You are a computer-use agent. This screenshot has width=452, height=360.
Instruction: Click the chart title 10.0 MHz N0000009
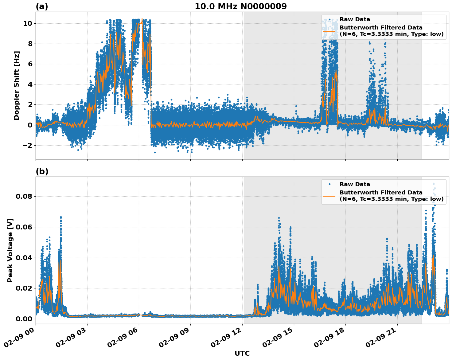click(x=240, y=6)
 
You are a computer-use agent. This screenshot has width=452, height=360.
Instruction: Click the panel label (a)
click(x=42, y=6)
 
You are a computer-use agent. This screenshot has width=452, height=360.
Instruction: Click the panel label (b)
click(x=42, y=171)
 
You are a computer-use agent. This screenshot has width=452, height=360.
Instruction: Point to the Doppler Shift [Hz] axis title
click(x=17, y=85)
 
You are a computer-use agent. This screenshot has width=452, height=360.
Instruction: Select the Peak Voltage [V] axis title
click(x=10, y=250)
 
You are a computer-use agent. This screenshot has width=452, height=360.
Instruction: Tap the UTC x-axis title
click(x=242, y=353)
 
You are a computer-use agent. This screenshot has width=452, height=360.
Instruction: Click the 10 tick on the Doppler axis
click(x=28, y=23)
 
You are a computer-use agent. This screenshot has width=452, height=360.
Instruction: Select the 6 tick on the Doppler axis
click(x=30, y=64)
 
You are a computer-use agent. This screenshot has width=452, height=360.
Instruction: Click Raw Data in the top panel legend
click(x=355, y=19)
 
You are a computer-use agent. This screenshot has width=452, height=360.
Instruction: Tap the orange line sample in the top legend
click(x=329, y=31)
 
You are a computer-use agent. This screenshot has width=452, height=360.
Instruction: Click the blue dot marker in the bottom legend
click(x=329, y=184)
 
